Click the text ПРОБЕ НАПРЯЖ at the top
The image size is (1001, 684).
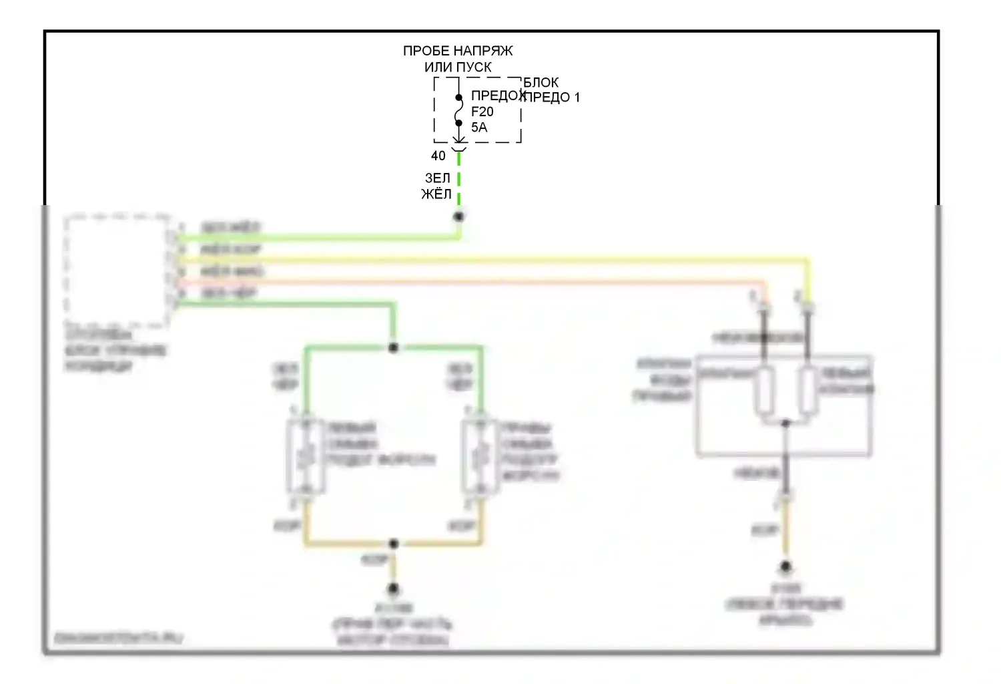(x=458, y=51)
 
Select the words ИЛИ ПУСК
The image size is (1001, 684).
(x=458, y=67)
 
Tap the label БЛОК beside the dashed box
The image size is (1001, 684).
(x=541, y=82)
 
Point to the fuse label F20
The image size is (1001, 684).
(x=482, y=112)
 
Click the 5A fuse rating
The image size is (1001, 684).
(x=479, y=127)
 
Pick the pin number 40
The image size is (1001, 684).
(x=438, y=156)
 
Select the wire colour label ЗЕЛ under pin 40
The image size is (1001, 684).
(x=438, y=178)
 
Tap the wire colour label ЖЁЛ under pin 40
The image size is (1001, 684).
(x=436, y=194)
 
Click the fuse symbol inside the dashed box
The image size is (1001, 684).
(x=458, y=110)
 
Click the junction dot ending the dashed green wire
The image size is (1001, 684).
(x=459, y=216)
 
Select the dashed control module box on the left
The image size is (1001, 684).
(x=117, y=271)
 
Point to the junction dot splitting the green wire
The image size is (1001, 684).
(x=393, y=347)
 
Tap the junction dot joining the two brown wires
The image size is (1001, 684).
(x=393, y=544)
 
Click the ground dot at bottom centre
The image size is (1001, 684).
(x=393, y=588)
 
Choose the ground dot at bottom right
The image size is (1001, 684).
(x=785, y=567)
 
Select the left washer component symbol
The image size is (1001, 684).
(x=306, y=457)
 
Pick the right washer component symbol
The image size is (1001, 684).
(x=480, y=457)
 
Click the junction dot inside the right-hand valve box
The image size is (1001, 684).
(x=785, y=423)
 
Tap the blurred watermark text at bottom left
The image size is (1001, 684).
(x=118, y=639)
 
